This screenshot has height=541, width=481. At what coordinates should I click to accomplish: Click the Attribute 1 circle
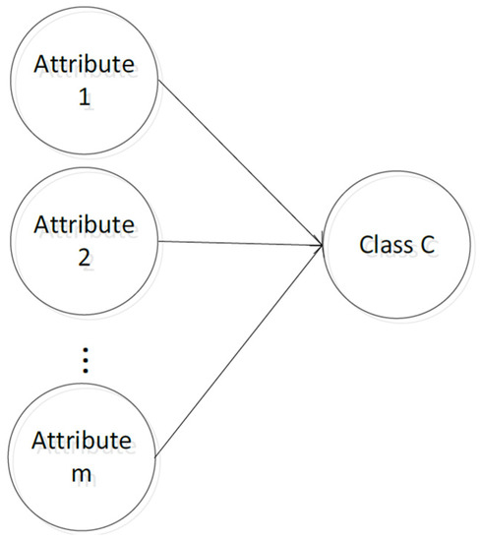pos(84,83)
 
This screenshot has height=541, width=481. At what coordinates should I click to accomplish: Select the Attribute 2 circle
pos(84,242)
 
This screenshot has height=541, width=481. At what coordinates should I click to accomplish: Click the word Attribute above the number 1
pos(84,65)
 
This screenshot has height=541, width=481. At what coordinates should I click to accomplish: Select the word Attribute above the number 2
pos(84,224)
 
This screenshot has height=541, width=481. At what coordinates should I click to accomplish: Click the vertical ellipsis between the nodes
pos(85,362)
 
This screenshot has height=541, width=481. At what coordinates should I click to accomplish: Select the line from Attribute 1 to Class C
pos(241,162)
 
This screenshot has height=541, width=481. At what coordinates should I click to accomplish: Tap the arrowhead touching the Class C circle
pos(320,243)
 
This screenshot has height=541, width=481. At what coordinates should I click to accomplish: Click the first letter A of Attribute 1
pos(41,65)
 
